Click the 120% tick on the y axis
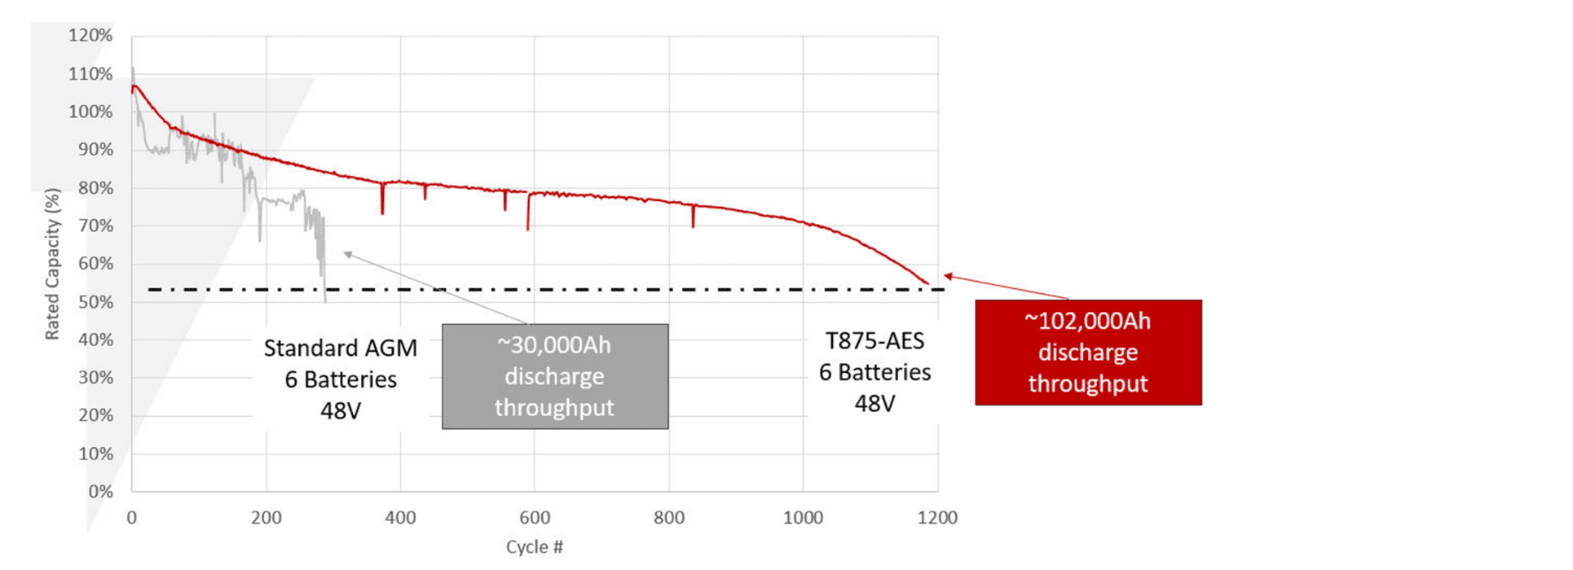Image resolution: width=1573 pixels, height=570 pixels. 90,36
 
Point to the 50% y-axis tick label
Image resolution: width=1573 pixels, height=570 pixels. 96,302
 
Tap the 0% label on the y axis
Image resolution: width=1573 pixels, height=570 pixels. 100,492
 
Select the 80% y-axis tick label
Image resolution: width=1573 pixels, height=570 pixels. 96,188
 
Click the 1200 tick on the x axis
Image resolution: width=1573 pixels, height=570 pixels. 937,518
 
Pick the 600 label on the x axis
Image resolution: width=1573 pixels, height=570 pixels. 535,518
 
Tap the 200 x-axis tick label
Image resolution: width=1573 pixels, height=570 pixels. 266,518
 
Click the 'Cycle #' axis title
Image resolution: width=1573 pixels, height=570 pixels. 535,547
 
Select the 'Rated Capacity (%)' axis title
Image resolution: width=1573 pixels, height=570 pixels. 52,264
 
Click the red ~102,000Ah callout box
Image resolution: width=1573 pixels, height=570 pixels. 1088,353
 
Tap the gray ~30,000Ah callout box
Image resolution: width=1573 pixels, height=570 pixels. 555,376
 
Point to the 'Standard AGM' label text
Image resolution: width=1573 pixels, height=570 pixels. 340,349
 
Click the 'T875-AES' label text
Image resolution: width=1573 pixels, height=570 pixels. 875,341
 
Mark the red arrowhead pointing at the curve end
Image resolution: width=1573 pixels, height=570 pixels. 948,277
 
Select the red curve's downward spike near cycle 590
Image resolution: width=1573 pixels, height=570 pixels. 528,228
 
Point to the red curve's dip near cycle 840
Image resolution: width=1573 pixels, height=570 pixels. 694,226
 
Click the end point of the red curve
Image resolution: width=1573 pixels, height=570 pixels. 927,283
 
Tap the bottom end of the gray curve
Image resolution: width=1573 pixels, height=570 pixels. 325,301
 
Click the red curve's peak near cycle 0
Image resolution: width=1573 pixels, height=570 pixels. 134,85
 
